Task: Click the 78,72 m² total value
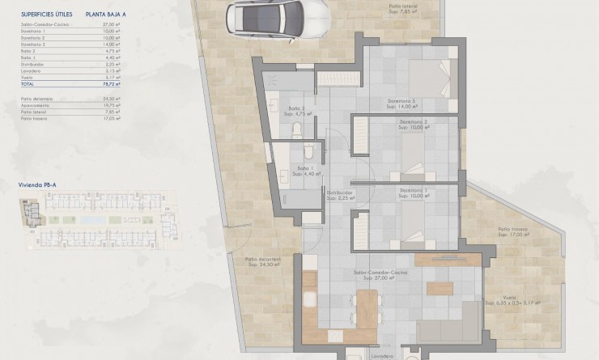112,83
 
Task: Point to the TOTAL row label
28,83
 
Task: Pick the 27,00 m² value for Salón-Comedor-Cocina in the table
112,25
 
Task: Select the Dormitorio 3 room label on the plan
401,102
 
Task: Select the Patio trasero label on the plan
513,231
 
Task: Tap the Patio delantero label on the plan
262,259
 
